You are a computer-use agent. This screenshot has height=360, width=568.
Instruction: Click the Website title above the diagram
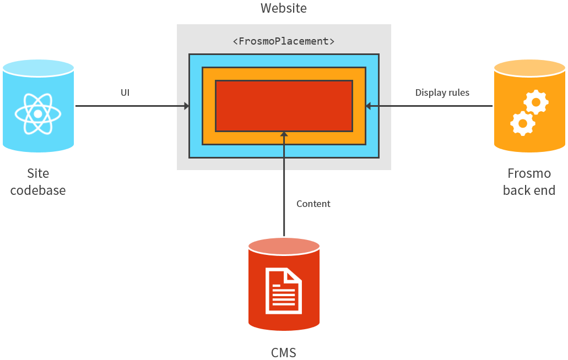pos(283,8)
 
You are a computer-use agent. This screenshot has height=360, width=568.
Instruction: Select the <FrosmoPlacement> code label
pos(284,41)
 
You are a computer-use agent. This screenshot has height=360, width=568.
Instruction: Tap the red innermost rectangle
pos(284,106)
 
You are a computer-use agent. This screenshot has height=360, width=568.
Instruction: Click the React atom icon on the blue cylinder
pos(37,114)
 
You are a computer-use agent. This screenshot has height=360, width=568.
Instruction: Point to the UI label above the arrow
pos(125,92)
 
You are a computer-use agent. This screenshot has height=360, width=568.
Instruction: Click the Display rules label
pos(442,92)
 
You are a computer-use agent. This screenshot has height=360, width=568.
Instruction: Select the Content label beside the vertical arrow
pos(313,204)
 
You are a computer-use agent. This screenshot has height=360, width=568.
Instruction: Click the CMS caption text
pos(284,352)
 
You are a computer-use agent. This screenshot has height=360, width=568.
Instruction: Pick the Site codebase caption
pos(37,182)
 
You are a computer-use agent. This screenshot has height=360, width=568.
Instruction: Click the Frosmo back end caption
pos(529,182)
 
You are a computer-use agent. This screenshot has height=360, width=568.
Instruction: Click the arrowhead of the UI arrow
pos(186,106)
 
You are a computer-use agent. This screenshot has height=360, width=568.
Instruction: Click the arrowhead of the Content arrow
pos(284,134)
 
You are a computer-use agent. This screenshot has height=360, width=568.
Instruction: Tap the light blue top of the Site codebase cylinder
pos(38,68)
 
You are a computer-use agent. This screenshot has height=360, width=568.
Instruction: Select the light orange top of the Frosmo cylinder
pos(529,68)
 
